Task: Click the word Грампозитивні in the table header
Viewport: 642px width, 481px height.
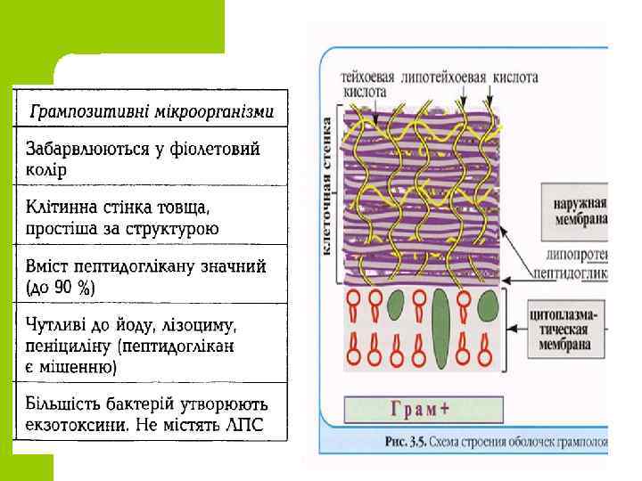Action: click(82, 113)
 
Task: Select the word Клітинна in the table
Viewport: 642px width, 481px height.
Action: click(61, 208)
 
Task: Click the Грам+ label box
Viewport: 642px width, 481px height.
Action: click(418, 411)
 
